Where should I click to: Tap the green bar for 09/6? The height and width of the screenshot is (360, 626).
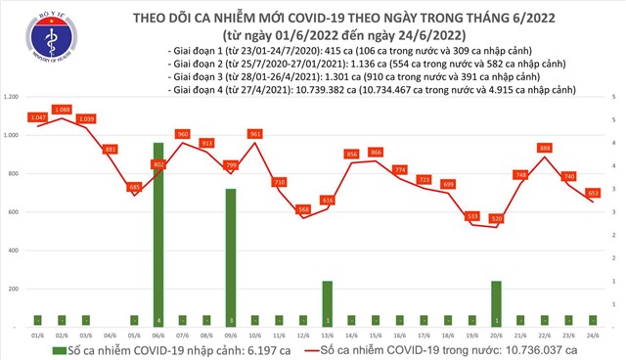pyautogui.click(x=231, y=257)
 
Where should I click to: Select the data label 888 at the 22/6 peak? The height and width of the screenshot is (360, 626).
pyautogui.click(x=545, y=148)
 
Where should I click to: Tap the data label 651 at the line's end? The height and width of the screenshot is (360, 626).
pyautogui.click(x=593, y=193)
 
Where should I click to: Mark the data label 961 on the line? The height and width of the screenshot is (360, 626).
pyautogui.click(x=255, y=134)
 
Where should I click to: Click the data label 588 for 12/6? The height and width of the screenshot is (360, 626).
pyautogui.click(x=303, y=208)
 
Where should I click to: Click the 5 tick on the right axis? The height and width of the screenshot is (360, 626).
pyautogui.click(x=612, y=98)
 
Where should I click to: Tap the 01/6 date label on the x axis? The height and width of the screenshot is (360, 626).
pyautogui.click(x=38, y=335)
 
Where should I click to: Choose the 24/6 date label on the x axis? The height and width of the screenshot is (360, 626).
pyautogui.click(x=593, y=335)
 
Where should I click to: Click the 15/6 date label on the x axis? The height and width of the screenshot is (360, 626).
pyautogui.click(x=376, y=335)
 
